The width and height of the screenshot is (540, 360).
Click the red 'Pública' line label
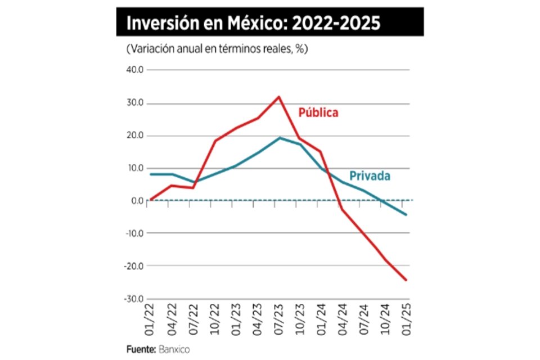(318, 112)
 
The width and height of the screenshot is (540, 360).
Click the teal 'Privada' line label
(370, 176)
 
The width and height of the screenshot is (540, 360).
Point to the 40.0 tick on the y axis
(136, 70)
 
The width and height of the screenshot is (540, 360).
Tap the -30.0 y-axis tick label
(135, 299)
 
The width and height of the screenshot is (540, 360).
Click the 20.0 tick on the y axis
(137, 136)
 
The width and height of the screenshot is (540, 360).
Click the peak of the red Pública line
(278, 97)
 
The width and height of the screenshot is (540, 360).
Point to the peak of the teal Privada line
(280, 138)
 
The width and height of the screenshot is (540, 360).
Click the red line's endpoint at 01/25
(406, 280)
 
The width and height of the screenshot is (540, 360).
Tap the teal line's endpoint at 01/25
(406, 214)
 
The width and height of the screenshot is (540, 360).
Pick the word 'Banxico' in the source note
(174, 349)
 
